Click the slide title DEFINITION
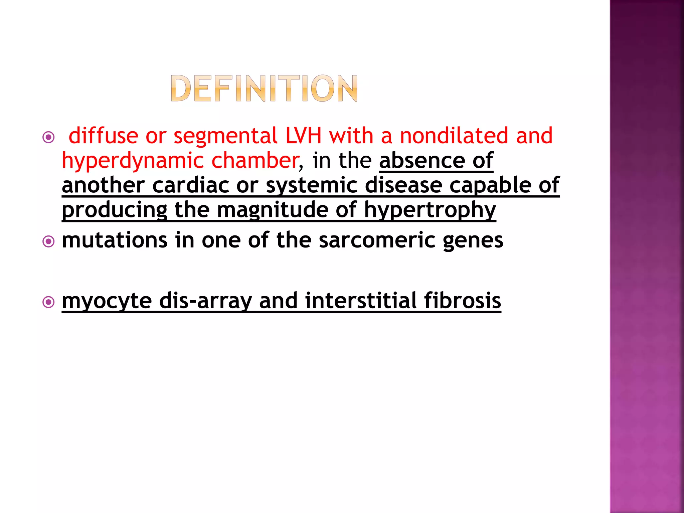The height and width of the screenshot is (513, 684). [264, 88]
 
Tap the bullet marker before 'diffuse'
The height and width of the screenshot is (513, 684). [49, 137]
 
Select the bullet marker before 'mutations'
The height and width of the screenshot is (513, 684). [49, 241]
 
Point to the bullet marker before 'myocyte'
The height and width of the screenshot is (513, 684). [49, 302]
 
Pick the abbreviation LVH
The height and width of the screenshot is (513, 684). [303, 136]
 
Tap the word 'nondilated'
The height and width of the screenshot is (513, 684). [454, 136]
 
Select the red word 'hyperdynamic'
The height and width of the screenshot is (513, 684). [133, 161]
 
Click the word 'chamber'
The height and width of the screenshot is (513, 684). [255, 160]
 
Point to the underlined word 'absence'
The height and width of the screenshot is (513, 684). [421, 160]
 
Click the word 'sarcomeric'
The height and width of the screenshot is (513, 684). [377, 240]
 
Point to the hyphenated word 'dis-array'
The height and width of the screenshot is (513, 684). [205, 301]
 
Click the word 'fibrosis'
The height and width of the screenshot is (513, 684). [463, 300]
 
